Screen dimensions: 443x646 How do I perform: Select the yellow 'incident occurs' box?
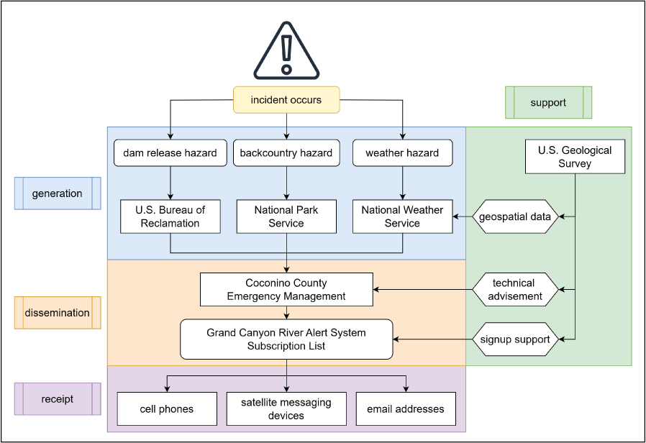pyautogui.click(x=286, y=100)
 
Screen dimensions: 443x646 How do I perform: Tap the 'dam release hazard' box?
pyautogui.click(x=170, y=153)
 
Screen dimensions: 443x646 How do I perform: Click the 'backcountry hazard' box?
pyautogui.click(x=286, y=153)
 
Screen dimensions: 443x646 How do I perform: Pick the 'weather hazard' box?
pyautogui.click(x=402, y=153)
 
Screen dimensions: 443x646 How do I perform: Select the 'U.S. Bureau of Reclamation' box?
pyautogui.click(x=170, y=216)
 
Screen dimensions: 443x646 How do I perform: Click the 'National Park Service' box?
pyautogui.click(x=286, y=216)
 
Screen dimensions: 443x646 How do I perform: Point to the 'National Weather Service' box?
pyautogui.click(x=402, y=216)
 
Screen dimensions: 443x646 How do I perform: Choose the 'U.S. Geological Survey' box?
pyautogui.click(x=575, y=157)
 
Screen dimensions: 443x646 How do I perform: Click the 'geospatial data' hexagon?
pyautogui.click(x=515, y=216)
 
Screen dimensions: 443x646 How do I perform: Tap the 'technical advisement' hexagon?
pyautogui.click(x=515, y=290)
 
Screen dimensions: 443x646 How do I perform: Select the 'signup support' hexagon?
pyautogui.click(x=515, y=339)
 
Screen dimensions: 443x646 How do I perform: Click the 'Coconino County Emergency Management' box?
pyautogui.click(x=286, y=290)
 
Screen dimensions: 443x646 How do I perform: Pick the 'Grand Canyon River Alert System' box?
pyautogui.click(x=286, y=339)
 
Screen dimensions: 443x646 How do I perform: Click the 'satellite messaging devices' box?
pyautogui.click(x=286, y=409)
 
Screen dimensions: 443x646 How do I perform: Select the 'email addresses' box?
pyautogui.click(x=406, y=409)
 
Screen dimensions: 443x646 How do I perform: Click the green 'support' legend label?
pyautogui.click(x=548, y=103)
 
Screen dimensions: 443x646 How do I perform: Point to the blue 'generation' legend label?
pyautogui.click(x=58, y=193)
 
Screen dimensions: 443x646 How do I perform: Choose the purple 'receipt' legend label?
pyautogui.click(x=58, y=399)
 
